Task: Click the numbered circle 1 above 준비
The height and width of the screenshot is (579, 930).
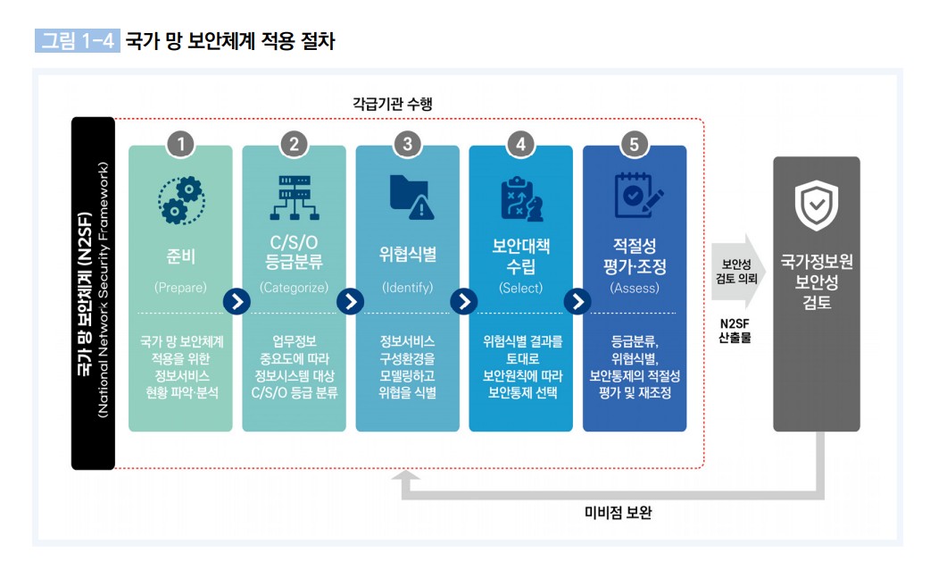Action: point(181,144)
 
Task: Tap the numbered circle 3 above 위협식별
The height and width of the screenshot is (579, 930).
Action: point(408,144)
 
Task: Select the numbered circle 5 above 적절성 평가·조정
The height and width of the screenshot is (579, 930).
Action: point(634,144)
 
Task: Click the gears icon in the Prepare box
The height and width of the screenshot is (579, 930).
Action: point(181,199)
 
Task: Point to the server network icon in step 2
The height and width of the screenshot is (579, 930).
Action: point(295,197)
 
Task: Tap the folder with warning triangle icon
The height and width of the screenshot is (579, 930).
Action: point(411,197)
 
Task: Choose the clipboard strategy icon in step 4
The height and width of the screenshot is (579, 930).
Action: point(521,198)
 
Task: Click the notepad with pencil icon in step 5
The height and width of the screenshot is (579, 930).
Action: point(638,196)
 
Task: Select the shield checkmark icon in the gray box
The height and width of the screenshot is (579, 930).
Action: point(817,206)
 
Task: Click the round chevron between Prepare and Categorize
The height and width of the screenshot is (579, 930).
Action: point(237,302)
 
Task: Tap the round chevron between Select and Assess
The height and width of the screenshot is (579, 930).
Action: point(577,302)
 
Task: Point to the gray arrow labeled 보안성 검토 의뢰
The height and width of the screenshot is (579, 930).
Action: point(738,272)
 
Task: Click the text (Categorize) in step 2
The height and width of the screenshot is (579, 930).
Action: point(294,288)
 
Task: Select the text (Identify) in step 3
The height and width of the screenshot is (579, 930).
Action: point(408,288)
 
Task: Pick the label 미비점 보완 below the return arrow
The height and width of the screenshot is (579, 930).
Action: point(618,513)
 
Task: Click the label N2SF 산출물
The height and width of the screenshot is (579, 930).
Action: point(735,331)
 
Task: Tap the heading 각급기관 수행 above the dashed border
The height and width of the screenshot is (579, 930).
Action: point(393,104)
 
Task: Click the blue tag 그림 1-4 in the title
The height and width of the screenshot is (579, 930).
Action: point(77,40)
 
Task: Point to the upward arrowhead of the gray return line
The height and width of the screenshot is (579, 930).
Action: point(406,475)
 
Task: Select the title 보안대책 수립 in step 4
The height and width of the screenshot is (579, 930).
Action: point(521,256)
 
